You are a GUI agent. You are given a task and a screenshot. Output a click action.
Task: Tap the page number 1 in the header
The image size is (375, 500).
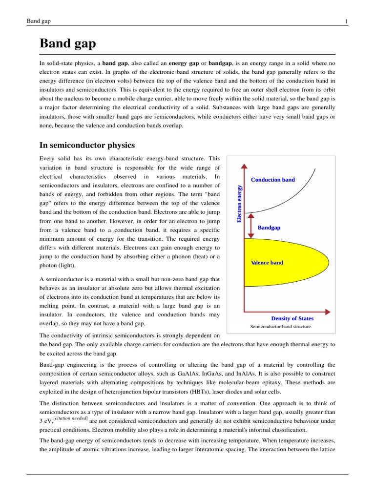[346, 21]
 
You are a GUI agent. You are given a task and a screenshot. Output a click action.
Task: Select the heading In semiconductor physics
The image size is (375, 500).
[87, 145]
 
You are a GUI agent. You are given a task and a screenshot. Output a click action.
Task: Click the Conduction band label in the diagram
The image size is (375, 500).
[273, 180]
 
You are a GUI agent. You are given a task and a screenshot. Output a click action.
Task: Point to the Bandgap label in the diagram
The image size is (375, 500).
[269, 228]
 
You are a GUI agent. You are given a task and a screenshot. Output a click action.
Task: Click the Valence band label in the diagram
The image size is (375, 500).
[267, 263]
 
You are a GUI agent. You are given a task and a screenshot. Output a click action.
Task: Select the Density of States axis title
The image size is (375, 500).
[292, 318]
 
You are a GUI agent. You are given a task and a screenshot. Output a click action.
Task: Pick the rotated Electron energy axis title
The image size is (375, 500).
[239, 204]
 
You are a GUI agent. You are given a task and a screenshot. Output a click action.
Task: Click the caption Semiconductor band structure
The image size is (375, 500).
[281, 326]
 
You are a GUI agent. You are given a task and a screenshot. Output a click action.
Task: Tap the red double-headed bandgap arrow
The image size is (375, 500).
[251, 225]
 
